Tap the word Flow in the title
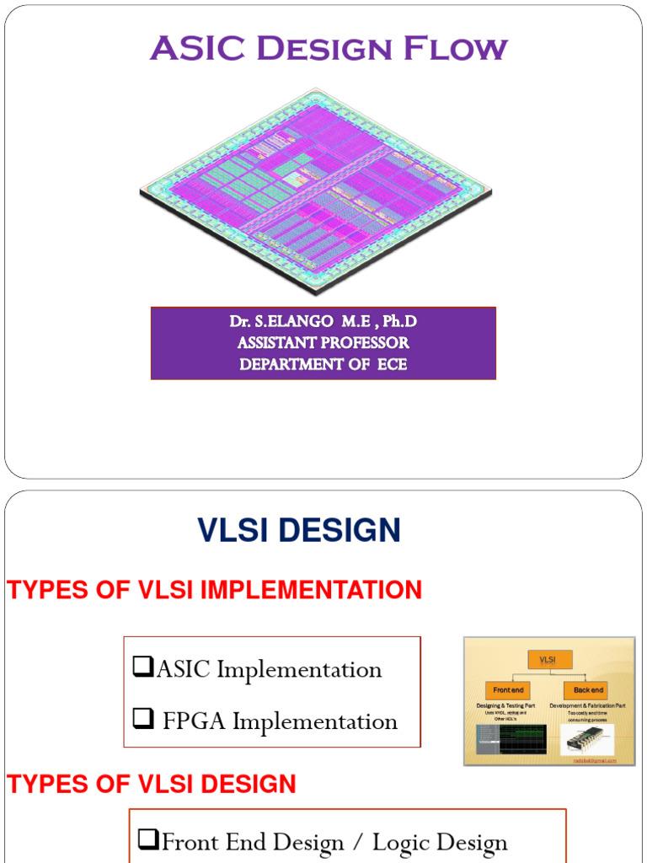click(455, 49)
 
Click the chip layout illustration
click(316, 190)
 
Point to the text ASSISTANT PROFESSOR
click(323, 343)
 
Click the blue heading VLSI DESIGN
click(299, 530)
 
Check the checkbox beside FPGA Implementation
click(143, 720)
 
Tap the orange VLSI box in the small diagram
click(549, 659)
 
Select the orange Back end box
click(590, 690)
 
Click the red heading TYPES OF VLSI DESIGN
click(152, 785)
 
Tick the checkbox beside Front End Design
click(148, 839)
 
